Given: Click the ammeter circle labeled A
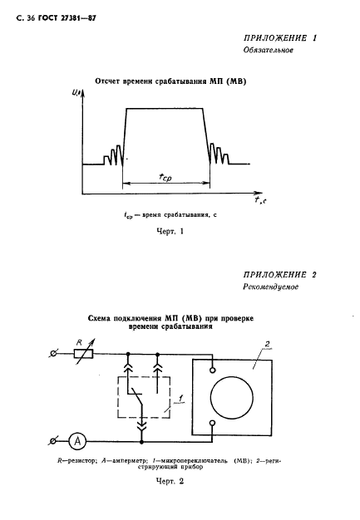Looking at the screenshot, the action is [77, 441].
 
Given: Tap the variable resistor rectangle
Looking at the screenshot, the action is [84, 354].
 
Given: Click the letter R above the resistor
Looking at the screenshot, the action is [79, 342].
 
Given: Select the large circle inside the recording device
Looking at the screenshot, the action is [232, 398].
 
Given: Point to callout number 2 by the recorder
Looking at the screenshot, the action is [267, 344].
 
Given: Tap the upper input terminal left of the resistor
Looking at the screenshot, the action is [52, 354].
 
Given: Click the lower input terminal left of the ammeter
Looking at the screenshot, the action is [52, 441].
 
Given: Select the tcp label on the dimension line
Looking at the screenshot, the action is [165, 178].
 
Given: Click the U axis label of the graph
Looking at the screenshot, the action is [74, 93].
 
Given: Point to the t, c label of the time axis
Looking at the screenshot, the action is [260, 200].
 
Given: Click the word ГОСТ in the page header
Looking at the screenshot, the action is [48, 18].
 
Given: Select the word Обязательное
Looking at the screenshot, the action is [268, 50].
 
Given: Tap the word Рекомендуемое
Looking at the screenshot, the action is [270, 287].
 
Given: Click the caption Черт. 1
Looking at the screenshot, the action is [170, 232].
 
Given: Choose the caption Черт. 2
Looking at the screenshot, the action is [170, 481].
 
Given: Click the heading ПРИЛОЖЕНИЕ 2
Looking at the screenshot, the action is [279, 275].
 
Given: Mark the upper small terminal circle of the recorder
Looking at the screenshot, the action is [212, 370].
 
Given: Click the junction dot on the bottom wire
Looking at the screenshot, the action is [141, 442].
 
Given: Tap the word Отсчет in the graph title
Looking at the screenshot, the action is [106, 81].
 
